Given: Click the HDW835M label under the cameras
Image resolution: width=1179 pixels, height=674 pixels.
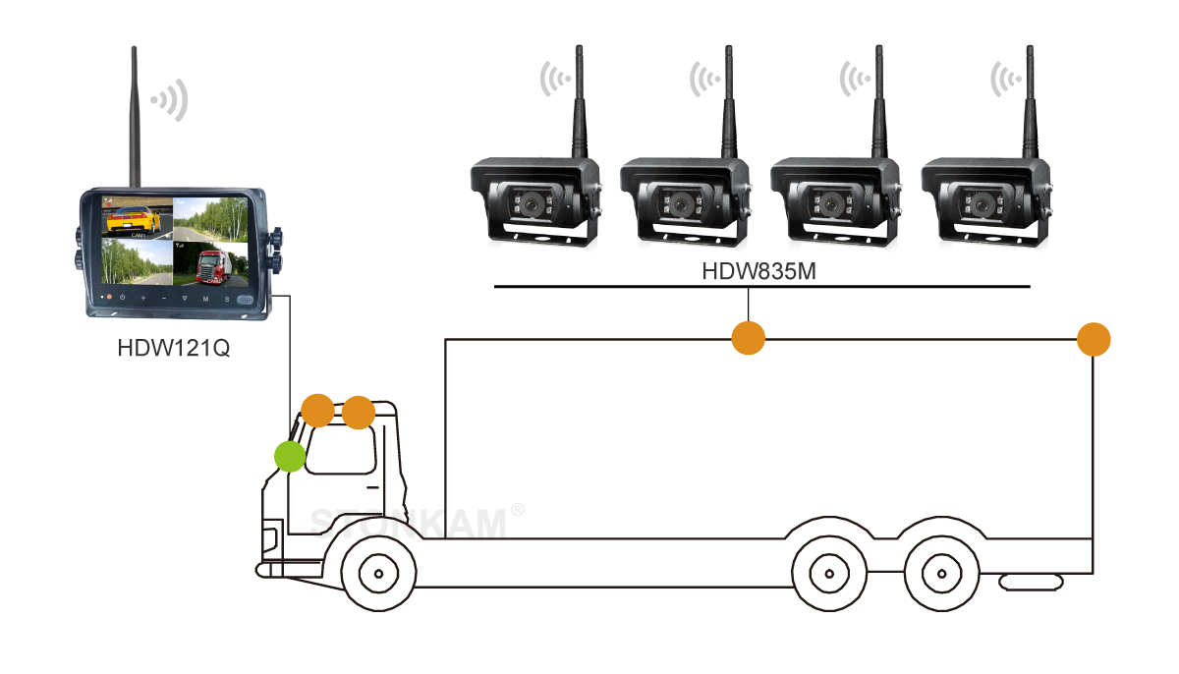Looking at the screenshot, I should [x=758, y=270].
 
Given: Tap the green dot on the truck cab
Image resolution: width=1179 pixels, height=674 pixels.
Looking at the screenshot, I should [x=289, y=456].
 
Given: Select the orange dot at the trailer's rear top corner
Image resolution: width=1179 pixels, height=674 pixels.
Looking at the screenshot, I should [x=1094, y=340].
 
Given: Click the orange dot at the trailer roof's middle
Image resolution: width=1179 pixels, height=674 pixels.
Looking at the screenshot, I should [x=749, y=338].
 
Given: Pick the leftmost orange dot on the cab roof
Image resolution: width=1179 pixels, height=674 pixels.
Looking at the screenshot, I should [x=317, y=410].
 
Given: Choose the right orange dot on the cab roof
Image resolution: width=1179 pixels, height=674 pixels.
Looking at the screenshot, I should [x=359, y=413].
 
